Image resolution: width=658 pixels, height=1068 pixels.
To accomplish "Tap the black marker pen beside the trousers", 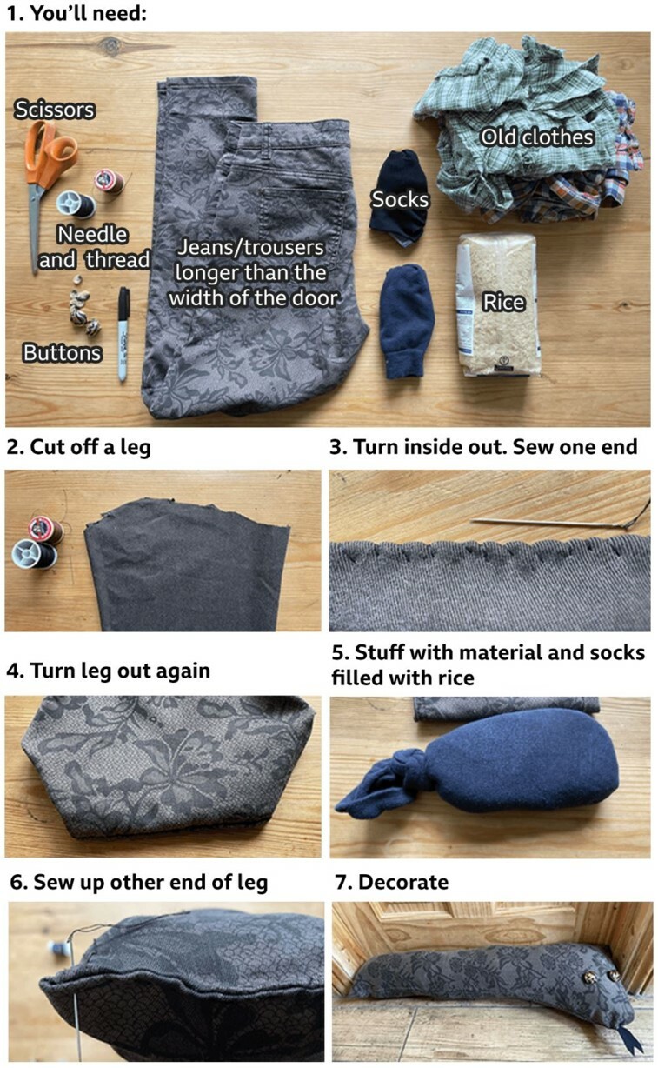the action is pos(123,333).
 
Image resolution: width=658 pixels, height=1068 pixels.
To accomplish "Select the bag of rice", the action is pos(498,305).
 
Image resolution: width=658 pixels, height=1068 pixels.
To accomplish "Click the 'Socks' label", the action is pos(400,199).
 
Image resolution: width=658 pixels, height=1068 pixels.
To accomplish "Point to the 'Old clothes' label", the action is pos(537,137).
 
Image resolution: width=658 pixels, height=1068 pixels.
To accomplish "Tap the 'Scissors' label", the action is pos(54,110).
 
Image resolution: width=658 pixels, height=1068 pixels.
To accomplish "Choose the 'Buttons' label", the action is pos(63,353).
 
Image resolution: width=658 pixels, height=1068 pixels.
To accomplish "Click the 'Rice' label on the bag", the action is pos(503,303).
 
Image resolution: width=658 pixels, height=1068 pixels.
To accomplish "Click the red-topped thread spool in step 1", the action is pos(110,181).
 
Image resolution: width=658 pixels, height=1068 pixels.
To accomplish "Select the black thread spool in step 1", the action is pos(76,204).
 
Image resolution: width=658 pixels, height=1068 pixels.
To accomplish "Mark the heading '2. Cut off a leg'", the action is pos(78,447).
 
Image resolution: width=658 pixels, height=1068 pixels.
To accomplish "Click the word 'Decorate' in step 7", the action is pos(403,882).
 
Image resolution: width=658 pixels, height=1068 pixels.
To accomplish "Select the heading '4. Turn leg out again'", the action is pos(108,671).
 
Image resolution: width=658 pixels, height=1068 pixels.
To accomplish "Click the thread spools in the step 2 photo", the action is pos(37,542).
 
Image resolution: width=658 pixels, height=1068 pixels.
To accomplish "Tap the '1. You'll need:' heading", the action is pos(76,13).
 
